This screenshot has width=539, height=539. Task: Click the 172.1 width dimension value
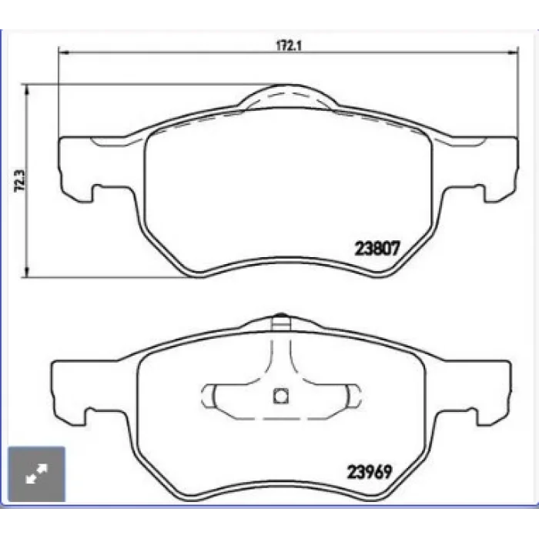(289, 45)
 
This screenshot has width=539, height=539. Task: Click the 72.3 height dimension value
(20, 181)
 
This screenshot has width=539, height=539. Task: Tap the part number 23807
(377, 248)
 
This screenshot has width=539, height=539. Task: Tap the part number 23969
(370, 472)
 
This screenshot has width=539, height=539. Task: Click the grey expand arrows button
(36, 474)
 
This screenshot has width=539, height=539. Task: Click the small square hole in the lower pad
(280, 396)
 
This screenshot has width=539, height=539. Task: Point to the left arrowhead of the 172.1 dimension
(64, 52)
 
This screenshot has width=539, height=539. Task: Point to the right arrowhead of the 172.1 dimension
(513, 52)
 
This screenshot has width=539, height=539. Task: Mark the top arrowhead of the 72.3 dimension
(26, 90)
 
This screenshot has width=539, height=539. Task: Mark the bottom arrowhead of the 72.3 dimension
(26, 272)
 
